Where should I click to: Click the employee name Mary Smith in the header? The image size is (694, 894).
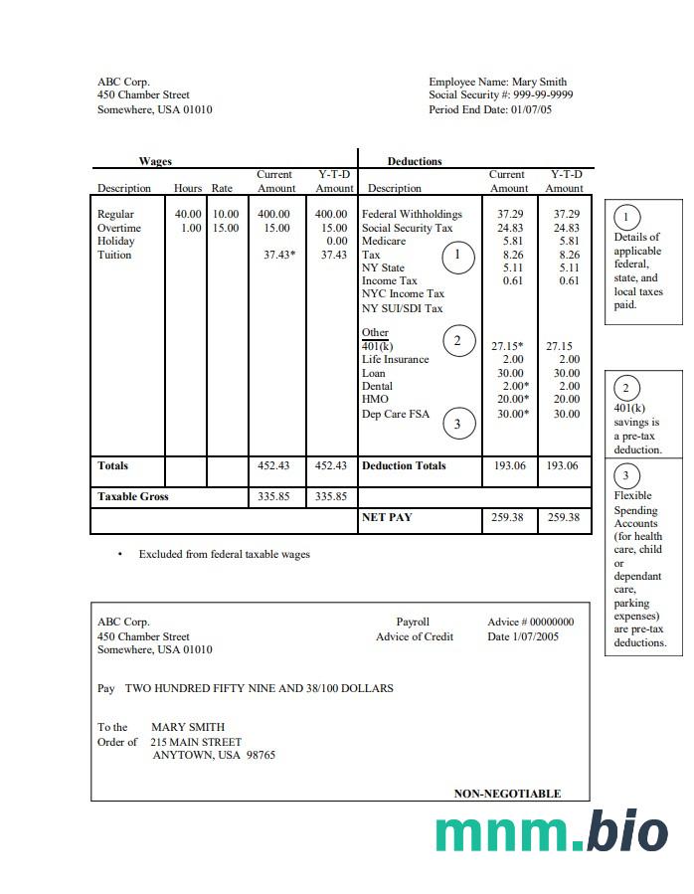coord(540,83)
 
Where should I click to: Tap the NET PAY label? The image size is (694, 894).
coord(387,517)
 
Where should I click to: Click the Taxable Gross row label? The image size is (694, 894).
coord(133,496)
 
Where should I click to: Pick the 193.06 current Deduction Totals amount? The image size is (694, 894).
coord(509,466)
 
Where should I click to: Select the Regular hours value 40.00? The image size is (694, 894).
coord(188,215)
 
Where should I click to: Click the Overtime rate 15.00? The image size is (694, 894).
coord(225,228)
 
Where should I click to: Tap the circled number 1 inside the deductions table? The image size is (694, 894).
coord(457,256)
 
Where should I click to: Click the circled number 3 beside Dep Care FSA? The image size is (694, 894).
coord(457,424)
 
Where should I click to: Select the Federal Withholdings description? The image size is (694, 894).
coord(412,215)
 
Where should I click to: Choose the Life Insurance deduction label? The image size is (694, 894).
coord(395,360)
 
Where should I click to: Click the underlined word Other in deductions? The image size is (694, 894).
coord(375,333)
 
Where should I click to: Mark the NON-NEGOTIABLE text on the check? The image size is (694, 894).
coord(507,794)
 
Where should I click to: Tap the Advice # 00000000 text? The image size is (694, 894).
coord(530,623)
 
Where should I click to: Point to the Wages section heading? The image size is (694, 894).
coord(155,161)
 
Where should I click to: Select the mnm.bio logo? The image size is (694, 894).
coord(551,831)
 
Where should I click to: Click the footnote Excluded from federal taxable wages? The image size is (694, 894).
coord(224,555)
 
